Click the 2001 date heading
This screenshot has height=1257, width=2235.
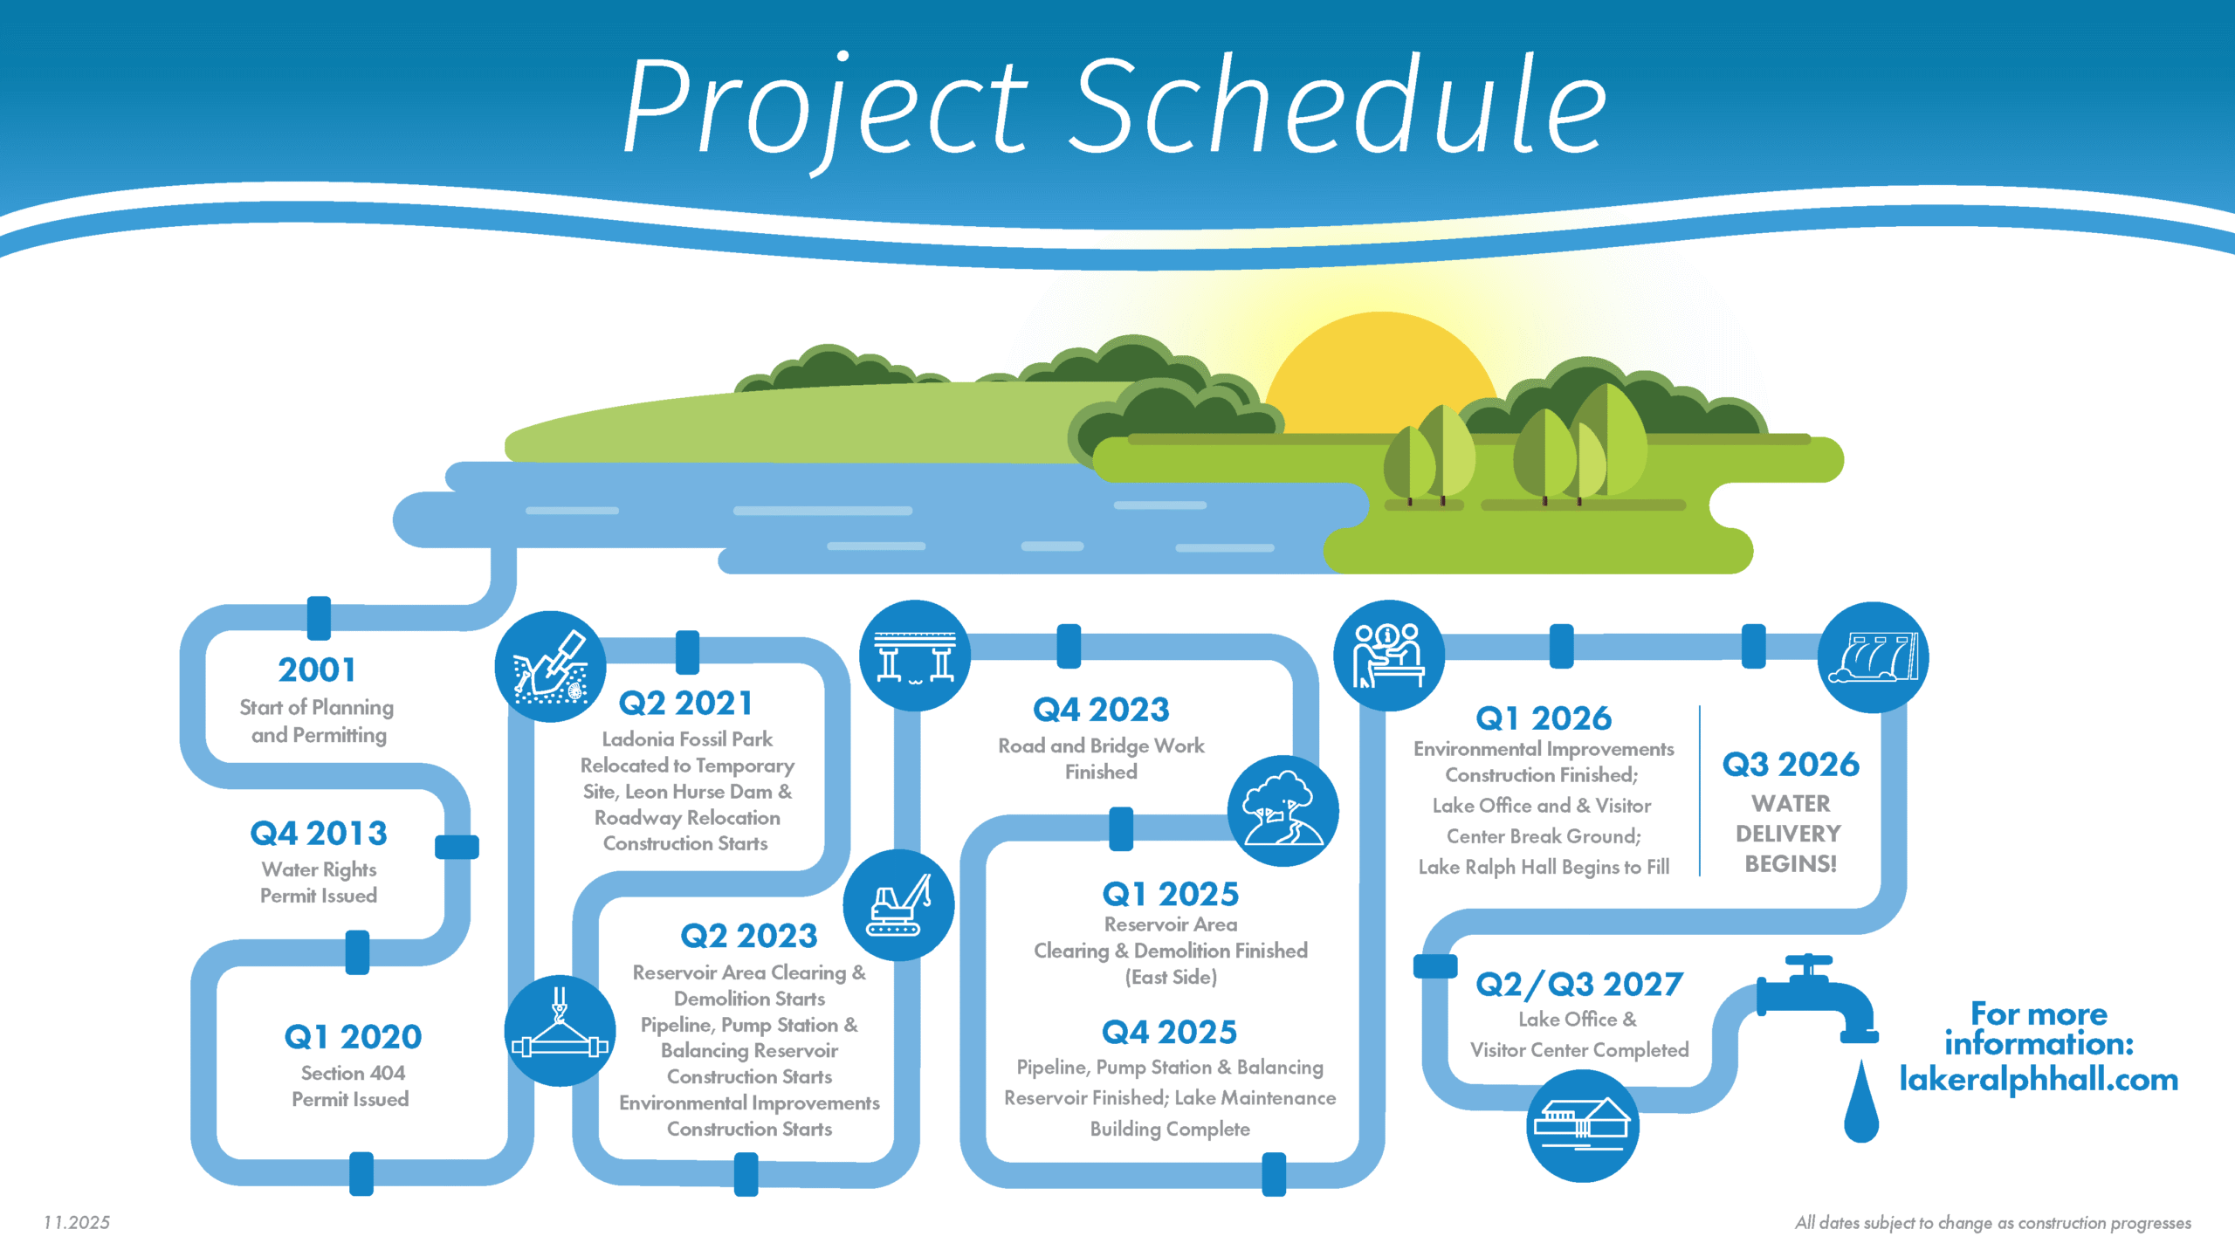pyautogui.click(x=317, y=670)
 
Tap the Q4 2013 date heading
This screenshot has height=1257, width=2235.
pyautogui.click(x=319, y=834)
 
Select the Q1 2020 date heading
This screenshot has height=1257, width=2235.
pyautogui.click(x=353, y=1037)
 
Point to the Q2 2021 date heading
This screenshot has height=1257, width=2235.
pyautogui.click(x=685, y=704)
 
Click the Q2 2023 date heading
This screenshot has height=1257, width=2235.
pyautogui.click(x=749, y=937)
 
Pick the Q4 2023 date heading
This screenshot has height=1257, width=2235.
pyautogui.click(x=1101, y=710)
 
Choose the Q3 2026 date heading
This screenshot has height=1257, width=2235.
pyautogui.click(x=1791, y=765)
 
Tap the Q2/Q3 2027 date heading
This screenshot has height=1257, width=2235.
pyautogui.click(x=1579, y=985)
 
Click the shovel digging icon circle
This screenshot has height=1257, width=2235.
pyautogui.click(x=550, y=667)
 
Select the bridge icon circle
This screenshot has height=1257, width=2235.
pyautogui.click(x=915, y=656)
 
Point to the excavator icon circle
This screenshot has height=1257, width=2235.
pyautogui.click(x=898, y=905)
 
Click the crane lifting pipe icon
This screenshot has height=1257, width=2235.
pyautogui.click(x=560, y=1031)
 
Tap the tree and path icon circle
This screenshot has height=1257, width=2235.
pyautogui.click(x=1283, y=811)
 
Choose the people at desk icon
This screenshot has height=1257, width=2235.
pyautogui.click(x=1389, y=656)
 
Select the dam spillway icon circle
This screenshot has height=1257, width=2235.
pyautogui.click(x=1873, y=657)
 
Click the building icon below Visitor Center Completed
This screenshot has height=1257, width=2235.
pyautogui.click(x=1582, y=1125)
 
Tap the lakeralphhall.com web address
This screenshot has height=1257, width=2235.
pyautogui.click(x=2039, y=1081)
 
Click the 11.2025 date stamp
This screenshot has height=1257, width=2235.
pyautogui.click(x=77, y=1223)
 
